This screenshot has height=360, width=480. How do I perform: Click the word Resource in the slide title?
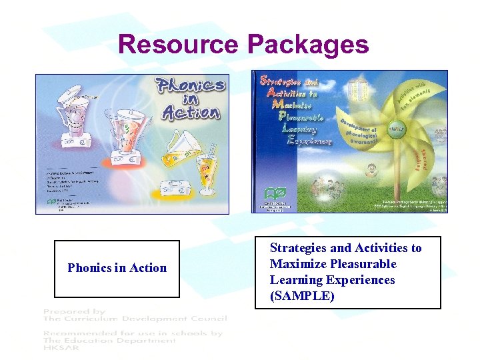178,45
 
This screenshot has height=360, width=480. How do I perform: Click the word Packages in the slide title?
307,45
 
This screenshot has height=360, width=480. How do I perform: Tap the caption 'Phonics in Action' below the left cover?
117,268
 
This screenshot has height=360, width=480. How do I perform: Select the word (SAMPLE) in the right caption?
302,296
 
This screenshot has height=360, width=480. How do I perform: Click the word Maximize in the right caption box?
297,264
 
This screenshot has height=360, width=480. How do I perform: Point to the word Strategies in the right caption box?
301,248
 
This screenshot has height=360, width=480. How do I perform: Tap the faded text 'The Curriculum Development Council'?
134,318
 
